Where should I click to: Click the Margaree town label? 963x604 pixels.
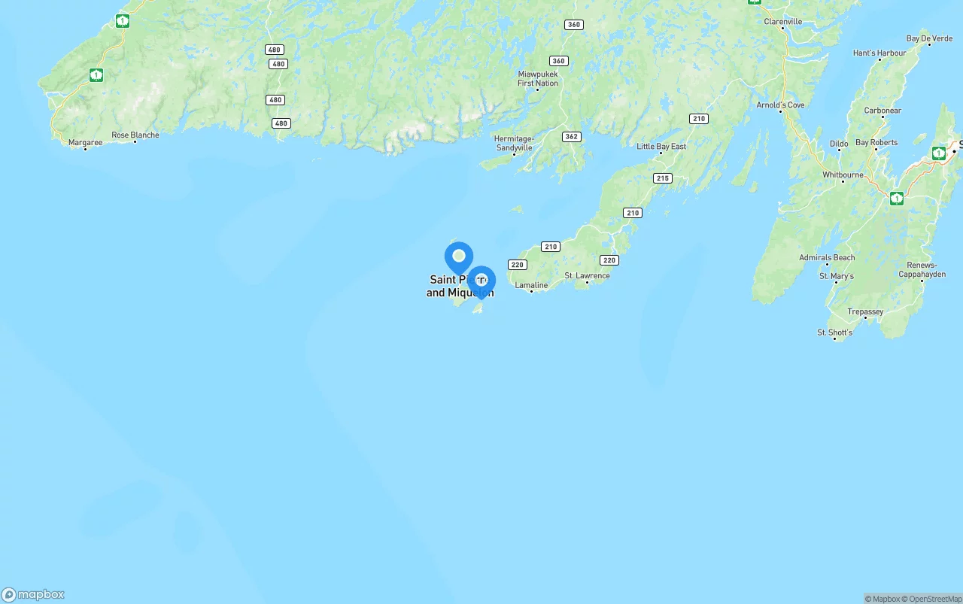pyautogui.click(x=85, y=142)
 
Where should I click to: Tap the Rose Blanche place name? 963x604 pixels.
pyautogui.click(x=135, y=135)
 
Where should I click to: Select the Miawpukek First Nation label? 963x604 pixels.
pyautogui.click(x=538, y=79)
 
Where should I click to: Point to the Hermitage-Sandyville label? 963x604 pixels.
pyautogui.click(x=514, y=143)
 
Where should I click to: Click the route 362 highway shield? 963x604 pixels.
pyautogui.click(x=571, y=137)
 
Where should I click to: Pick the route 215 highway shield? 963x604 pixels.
pyautogui.click(x=662, y=178)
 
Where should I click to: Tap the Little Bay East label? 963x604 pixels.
pyautogui.click(x=661, y=147)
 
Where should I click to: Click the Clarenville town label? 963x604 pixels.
pyautogui.click(x=783, y=22)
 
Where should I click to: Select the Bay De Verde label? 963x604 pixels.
pyautogui.click(x=929, y=38)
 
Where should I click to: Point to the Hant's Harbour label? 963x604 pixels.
pyautogui.click(x=879, y=53)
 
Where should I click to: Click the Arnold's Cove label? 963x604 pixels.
pyautogui.click(x=780, y=105)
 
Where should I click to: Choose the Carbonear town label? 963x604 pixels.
pyautogui.click(x=882, y=111)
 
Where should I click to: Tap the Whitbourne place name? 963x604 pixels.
pyautogui.click(x=843, y=175)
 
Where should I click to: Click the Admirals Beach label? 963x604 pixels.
pyautogui.click(x=827, y=257)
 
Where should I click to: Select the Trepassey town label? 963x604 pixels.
pyautogui.click(x=865, y=311)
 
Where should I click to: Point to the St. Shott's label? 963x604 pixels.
pyautogui.click(x=835, y=332)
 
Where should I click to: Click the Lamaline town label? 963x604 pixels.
pyautogui.click(x=531, y=286)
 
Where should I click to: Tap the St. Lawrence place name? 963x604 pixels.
pyautogui.click(x=587, y=276)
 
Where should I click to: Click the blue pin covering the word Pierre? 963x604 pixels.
pyautogui.click(x=481, y=281)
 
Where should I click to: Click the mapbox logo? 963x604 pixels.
pyautogui.click(x=33, y=594)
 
